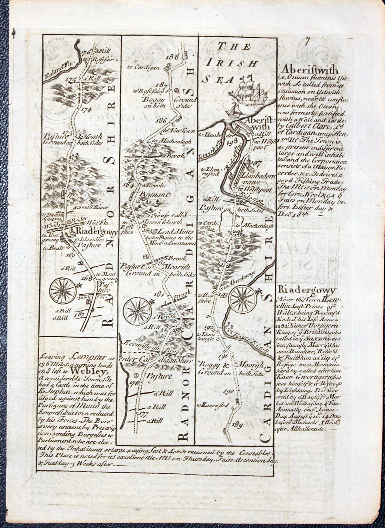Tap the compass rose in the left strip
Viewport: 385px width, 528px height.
(x=63, y=291)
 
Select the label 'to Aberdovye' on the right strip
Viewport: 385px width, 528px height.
(x=237, y=279)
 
